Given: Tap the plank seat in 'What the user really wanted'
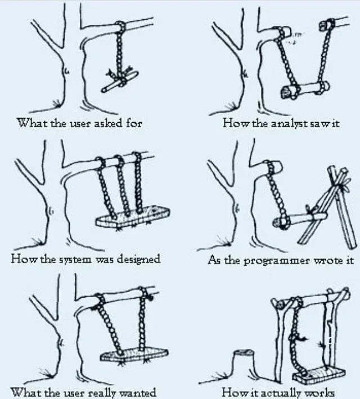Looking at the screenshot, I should coord(132,355).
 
